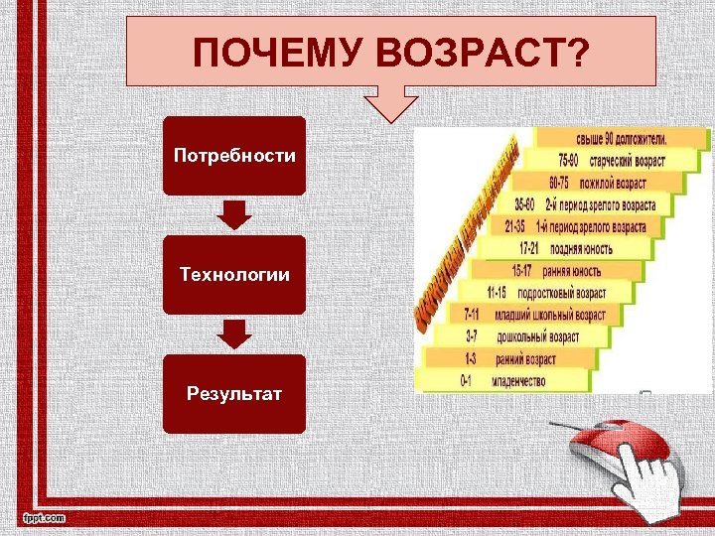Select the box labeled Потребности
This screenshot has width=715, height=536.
pos(233,156)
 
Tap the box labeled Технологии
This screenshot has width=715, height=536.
pos(233,275)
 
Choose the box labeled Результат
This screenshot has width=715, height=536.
pos(233,394)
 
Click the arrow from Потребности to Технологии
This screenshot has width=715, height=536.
pos(233,214)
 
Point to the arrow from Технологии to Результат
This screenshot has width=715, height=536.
pos(233,334)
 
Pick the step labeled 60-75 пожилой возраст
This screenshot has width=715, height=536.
pos(597,183)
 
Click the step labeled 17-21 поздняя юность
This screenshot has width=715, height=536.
pos(565,248)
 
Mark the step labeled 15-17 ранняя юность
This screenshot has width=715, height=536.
pos(555,270)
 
